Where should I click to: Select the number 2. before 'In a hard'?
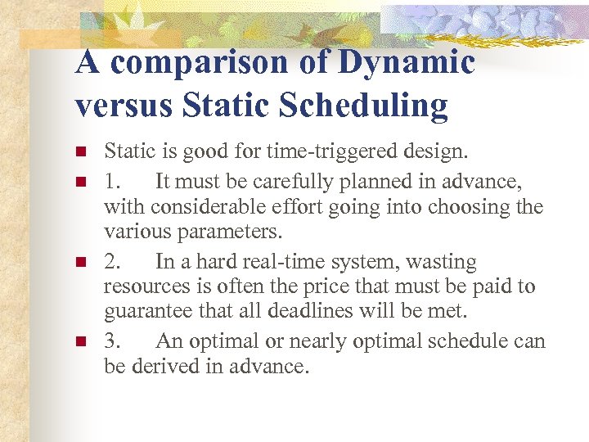pos(115,262)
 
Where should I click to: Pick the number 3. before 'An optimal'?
pos(115,341)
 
